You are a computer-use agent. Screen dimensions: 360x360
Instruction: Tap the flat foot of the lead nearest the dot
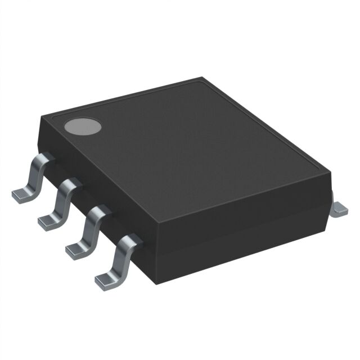pyautogui.click(x=22, y=194)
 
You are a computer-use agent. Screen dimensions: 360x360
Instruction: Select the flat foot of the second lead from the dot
pyautogui.click(x=49, y=221)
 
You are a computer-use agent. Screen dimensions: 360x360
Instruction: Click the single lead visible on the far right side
pyautogui.click(x=340, y=208)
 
